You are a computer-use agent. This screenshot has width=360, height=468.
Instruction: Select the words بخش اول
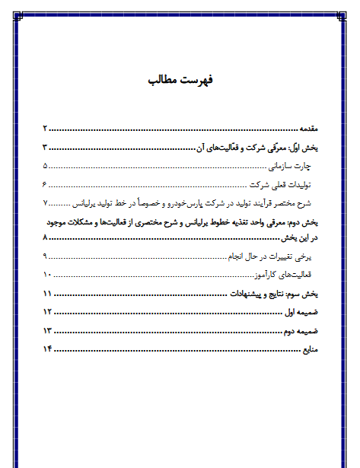point(303,148)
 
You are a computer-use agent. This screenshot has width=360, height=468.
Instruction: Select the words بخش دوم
point(302,222)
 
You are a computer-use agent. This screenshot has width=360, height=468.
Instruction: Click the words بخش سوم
point(302,294)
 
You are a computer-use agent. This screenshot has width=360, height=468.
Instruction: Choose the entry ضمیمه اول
point(298,312)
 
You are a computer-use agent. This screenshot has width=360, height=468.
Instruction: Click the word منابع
point(306,349)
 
